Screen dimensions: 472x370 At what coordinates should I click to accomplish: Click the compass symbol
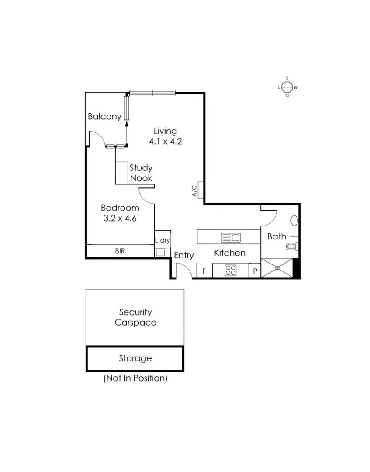point(287,87)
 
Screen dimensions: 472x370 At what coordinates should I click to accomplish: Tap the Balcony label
point(104,117)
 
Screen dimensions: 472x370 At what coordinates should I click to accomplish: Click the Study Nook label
point(141,173)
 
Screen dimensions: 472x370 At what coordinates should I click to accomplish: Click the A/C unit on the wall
point(200,190)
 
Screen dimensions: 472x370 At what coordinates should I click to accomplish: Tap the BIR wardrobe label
point(121,251)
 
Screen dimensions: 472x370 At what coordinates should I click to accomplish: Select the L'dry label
point(162,240)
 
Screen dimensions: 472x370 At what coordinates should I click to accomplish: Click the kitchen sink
point(231,238)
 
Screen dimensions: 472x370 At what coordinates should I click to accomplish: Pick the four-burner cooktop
point(230,271)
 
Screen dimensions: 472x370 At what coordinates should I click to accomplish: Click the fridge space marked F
point(204,271)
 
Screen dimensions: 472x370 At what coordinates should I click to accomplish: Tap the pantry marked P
point(255,271)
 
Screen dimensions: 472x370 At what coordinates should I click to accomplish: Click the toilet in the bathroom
point(291,246)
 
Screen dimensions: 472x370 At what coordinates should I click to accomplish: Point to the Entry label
point(183,256)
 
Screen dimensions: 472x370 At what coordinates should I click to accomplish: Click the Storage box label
point(135,358)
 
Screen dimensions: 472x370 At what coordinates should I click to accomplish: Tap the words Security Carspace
point(135,317)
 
